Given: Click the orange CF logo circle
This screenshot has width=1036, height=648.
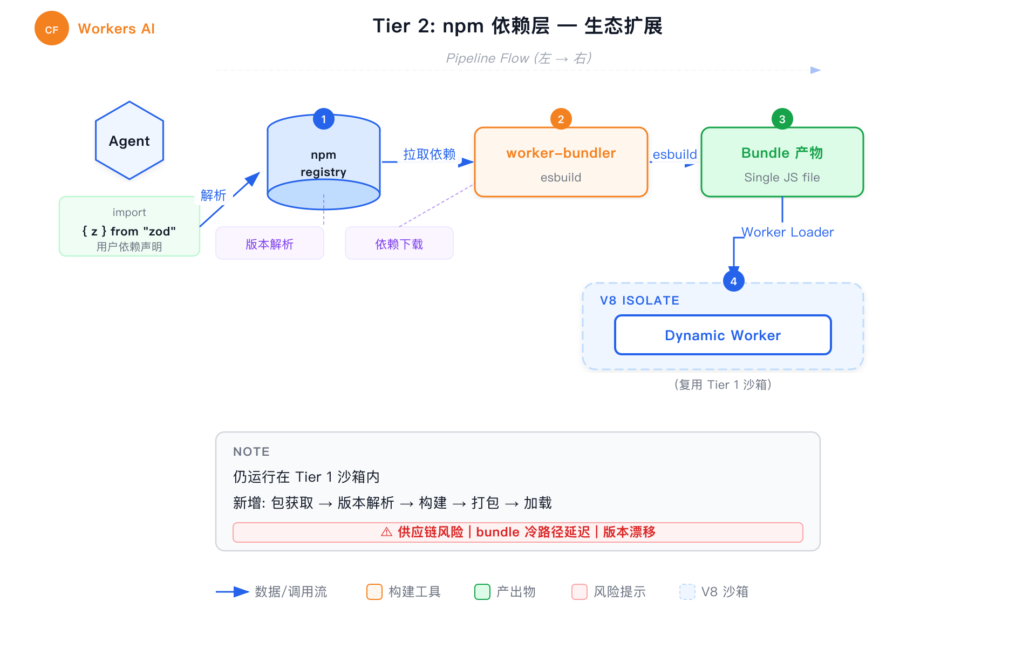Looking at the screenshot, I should click(x=52, y=29).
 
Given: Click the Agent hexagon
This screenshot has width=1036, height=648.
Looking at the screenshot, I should click(x=129, y=141).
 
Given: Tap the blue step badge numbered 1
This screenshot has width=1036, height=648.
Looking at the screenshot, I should click(x=324, y=119).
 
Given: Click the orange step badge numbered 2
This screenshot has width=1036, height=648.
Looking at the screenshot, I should click(x=561, y=119).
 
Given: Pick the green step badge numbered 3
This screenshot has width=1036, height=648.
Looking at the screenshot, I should click(x=782, y=119).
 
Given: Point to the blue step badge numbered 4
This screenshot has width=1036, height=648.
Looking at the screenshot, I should click(x=733, y=281).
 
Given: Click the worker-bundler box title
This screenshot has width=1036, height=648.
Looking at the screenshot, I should click(x=561, y=153).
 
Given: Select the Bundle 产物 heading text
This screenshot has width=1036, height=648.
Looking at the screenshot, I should click(x=782, y=153).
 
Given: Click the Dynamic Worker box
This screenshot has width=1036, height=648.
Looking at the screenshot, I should click(x=723, y=335).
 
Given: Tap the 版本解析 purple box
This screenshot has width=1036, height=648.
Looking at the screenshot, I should click(x=270, y=244).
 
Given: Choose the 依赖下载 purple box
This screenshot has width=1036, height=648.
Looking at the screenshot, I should click(x=399, y=244).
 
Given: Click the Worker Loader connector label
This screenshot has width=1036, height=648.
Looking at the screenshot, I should click(x=787, y=232).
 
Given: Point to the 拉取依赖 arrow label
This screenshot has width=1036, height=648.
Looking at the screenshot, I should click(x=430, y=154).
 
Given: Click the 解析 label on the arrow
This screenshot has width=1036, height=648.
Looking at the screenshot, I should click(x=213, y=195).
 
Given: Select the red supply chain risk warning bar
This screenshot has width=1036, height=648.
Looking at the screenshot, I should click(x=518, y=532).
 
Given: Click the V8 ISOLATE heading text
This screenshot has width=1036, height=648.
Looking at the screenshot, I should click(x=639, y=301).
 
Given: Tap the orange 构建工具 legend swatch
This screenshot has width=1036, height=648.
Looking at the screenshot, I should click(x=374, y=592).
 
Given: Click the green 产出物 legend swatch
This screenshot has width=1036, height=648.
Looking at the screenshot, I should click(x=482, y=592).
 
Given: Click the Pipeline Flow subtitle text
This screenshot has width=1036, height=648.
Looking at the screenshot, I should click(x=519, y=58).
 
